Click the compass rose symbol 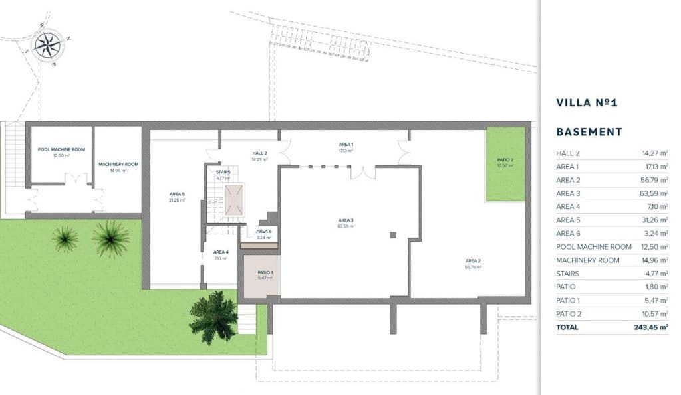(48, 45)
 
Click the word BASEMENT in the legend (589, 132)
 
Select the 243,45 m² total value (650, 327)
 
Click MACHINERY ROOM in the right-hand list (587, 260)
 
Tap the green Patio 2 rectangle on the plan (505, 164)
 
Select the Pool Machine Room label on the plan (61, 150)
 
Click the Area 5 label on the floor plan (176, 195)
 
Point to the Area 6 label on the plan (264, 231)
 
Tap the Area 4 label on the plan (221, 252)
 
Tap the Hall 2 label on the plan (259, 153)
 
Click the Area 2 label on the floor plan (472, 261)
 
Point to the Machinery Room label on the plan (118, 164)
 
